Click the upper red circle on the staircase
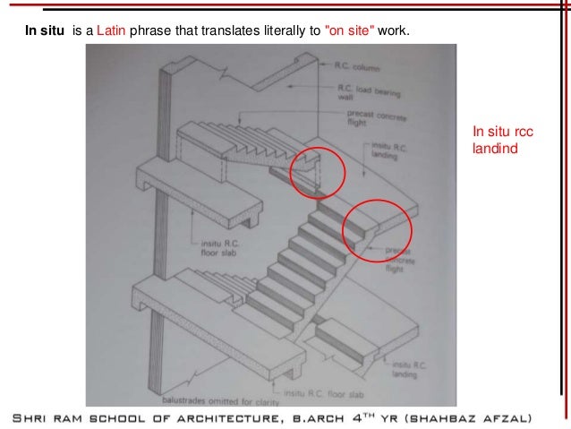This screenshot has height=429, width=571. [317, 170]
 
